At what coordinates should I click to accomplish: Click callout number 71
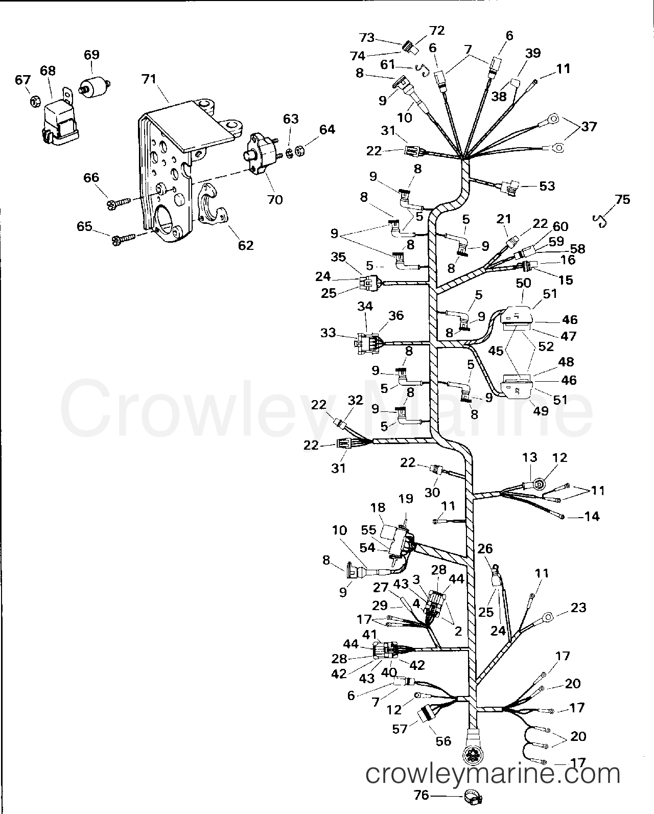pos(149,79)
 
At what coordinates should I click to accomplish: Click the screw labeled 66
pos(118,203)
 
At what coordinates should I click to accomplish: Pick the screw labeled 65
pos(123,239)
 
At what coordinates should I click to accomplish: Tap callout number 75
pos(623,199)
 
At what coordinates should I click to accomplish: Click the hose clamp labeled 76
pos(473,798)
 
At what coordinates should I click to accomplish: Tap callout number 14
pos(592,516)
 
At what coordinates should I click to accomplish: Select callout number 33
pos(328,333)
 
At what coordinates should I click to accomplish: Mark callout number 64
pos(327,129)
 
